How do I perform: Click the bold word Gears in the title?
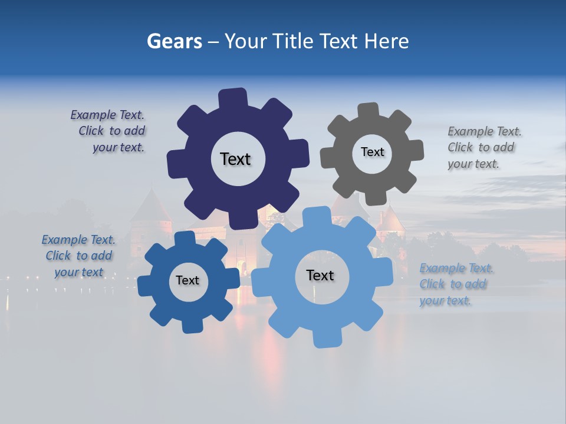[174, 41]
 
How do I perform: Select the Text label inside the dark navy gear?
[235, 159]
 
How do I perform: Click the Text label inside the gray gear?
[372, 152]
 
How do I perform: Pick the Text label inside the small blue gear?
[187, 280]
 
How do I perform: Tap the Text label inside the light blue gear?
[320, 275]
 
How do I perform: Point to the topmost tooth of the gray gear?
[368, 110]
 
